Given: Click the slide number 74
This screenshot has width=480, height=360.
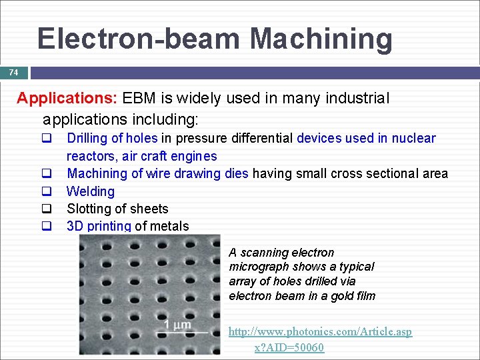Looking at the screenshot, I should pos(13,72).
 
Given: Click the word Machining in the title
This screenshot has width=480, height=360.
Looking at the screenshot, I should pos(321,39).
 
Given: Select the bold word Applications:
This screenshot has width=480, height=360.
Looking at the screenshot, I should pos(67,99).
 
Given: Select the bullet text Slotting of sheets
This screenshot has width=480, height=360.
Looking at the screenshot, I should pos(117,209).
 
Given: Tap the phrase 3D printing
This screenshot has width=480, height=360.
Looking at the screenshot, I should pos(99,226).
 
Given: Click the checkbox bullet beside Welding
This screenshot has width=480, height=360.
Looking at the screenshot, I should pos(47,191).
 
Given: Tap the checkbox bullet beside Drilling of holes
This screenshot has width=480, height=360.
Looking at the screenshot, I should pos(47,139).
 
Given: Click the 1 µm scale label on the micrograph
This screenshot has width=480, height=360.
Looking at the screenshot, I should pos(177,325).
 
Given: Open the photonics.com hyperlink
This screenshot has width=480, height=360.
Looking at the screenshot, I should pos(320,331).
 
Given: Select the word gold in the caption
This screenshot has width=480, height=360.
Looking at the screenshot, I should pos(340,295).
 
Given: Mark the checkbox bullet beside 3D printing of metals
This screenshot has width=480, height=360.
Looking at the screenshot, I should pos(47,226).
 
